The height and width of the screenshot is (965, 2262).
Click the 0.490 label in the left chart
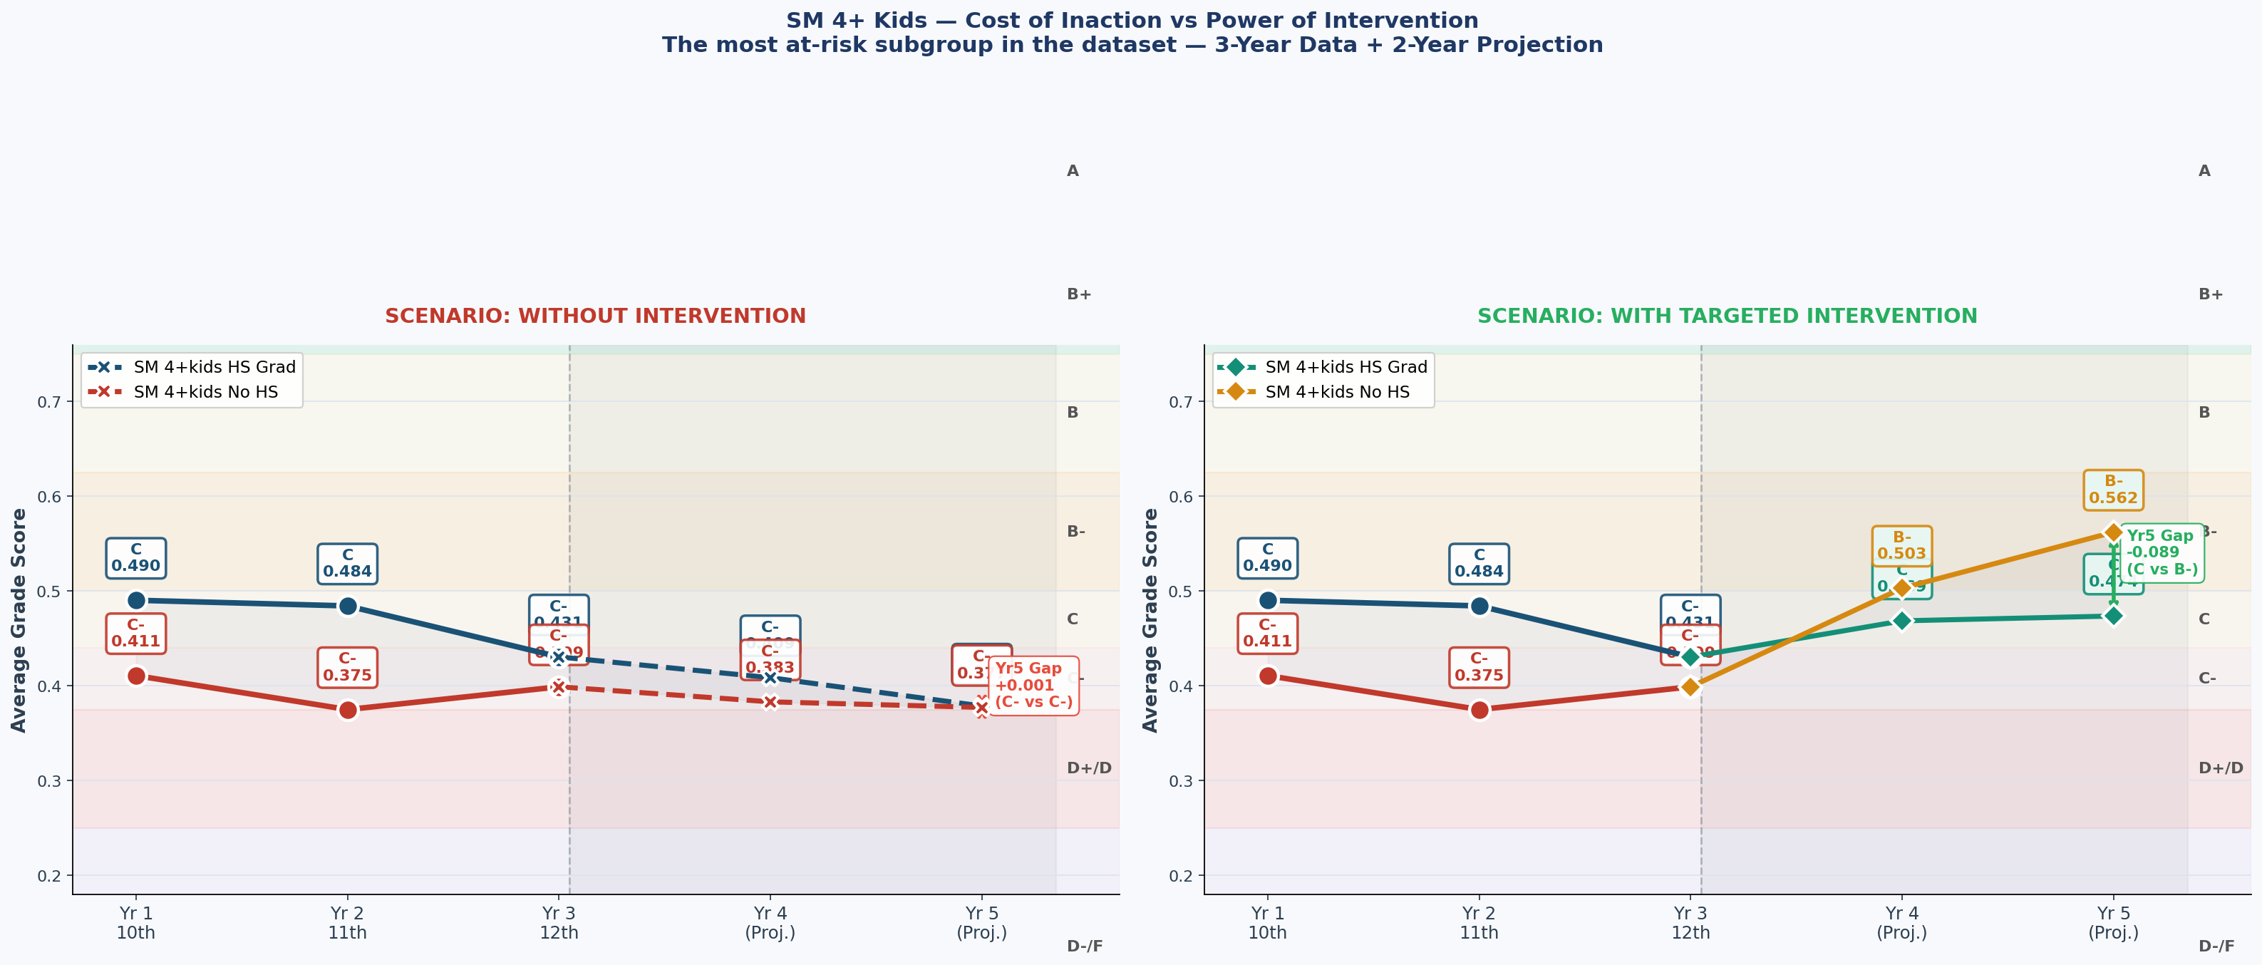tap(136, 559)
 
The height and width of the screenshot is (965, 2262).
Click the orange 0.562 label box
tap(2113, 490)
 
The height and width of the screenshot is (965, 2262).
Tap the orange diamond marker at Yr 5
tap(2113, 532)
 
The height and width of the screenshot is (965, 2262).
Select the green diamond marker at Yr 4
tap(1901, 621)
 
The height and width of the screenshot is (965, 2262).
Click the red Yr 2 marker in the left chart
tap(348, 709)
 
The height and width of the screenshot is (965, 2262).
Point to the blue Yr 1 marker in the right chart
tap(1267, 601)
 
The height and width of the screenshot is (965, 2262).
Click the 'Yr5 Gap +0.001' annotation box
tap(1033, 686)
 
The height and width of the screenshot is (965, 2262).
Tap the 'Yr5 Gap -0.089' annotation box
tap(2160, 552)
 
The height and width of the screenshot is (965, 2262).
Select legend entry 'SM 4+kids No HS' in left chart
tap(205, 391)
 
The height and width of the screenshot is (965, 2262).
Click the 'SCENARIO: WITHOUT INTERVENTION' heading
tap(594, 316)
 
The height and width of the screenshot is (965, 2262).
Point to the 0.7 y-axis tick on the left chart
tap(49, 402)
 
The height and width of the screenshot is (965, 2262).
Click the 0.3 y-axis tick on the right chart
tap(1181, 780)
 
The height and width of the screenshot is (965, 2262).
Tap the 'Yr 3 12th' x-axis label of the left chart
tap(559, 923)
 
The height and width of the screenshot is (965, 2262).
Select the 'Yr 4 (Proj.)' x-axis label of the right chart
tap(1901, 923)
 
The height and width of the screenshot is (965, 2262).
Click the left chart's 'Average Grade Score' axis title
tap(19, 620)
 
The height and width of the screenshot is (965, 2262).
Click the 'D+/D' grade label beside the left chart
tap(1088, 768)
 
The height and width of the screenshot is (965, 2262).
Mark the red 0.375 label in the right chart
tap(1479, 667)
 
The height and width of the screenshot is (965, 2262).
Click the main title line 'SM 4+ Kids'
tap(1131, 20)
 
